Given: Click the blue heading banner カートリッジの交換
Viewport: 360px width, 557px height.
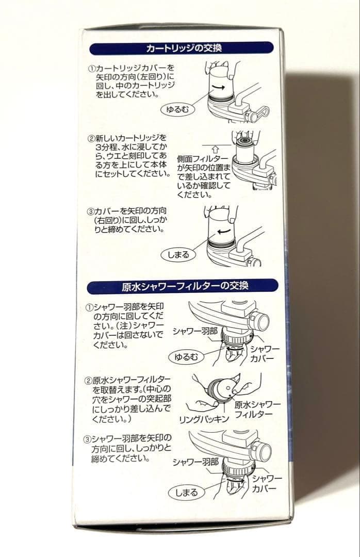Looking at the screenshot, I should pos(181,49).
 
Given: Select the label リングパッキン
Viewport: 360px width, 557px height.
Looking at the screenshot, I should pos(204,419).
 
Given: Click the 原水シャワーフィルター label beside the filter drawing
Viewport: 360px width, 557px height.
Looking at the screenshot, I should pos(257,408).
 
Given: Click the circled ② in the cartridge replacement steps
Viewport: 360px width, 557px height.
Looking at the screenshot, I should pos(91,139).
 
